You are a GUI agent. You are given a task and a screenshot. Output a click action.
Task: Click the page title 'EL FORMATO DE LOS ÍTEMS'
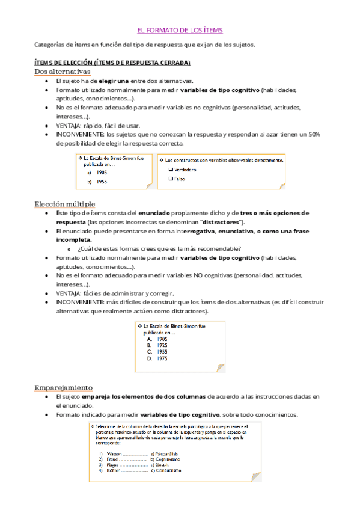tap(180, 30)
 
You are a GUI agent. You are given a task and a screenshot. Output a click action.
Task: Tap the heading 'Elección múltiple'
tap(64, 204)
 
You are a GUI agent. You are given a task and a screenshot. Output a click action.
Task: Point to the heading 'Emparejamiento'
tap(64, 388)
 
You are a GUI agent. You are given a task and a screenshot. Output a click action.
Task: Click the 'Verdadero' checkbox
tap(171, 170)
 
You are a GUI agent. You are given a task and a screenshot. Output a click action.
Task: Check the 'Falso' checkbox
tap(171, 179)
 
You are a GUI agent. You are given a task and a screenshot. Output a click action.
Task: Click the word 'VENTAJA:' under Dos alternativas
tap(72, 125)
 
